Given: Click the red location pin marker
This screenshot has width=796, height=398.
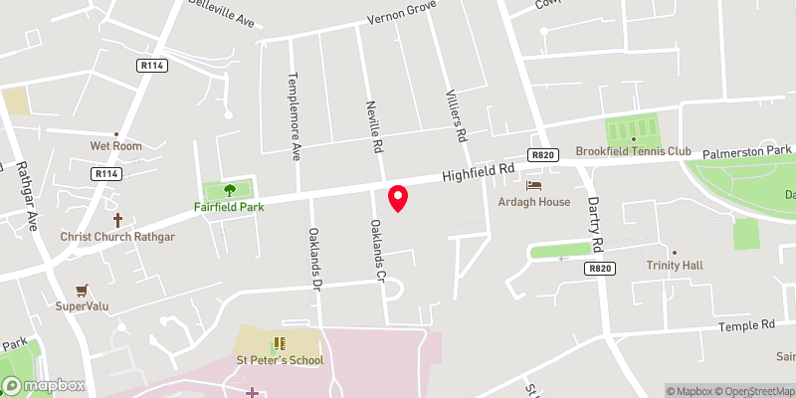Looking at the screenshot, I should (398, 198).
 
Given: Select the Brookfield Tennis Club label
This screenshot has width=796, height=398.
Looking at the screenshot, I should (633, 151).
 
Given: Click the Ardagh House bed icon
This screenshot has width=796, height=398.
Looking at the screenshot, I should (534, 185).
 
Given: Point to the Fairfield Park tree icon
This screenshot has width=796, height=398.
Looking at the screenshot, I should (230, 190).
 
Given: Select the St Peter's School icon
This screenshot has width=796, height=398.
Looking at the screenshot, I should (278, 344).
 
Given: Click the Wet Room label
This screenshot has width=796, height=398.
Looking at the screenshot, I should (116, 146).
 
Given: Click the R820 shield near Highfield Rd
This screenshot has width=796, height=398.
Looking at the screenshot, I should (542, 154).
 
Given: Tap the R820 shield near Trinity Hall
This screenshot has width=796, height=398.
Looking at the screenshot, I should (599, 269).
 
